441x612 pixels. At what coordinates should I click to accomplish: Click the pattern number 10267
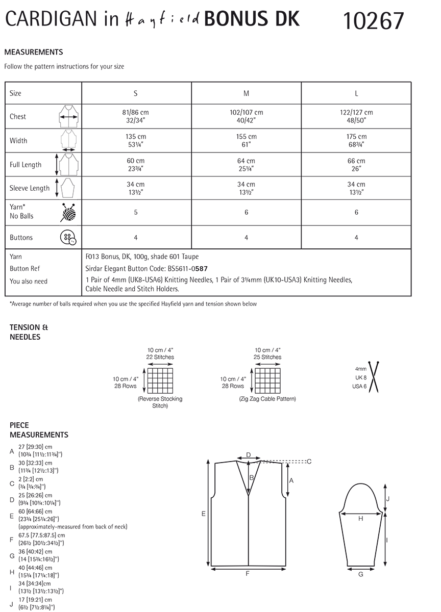tap(373, 21)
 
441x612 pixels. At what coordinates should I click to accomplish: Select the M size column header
tap(246, 93)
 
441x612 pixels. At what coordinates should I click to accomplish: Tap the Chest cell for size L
tap(356, 116)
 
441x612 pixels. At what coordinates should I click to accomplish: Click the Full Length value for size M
tap(246, 164)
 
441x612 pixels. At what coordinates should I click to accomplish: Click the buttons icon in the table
tap(68, 238)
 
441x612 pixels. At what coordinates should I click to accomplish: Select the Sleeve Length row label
tap(30, 188)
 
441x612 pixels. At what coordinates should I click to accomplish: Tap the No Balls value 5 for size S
tap(136, 212)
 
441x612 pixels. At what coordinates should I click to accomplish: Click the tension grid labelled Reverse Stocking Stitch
tap(160, 380)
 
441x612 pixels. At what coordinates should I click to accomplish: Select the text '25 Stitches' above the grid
tap(267, 357)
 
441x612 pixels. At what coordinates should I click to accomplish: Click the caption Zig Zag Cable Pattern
tap(267, 399)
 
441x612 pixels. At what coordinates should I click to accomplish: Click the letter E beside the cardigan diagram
tap(203, 514)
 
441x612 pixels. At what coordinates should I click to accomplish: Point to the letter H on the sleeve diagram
tap(360, 519)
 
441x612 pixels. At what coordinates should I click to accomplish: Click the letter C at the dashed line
tap(309, 462)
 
